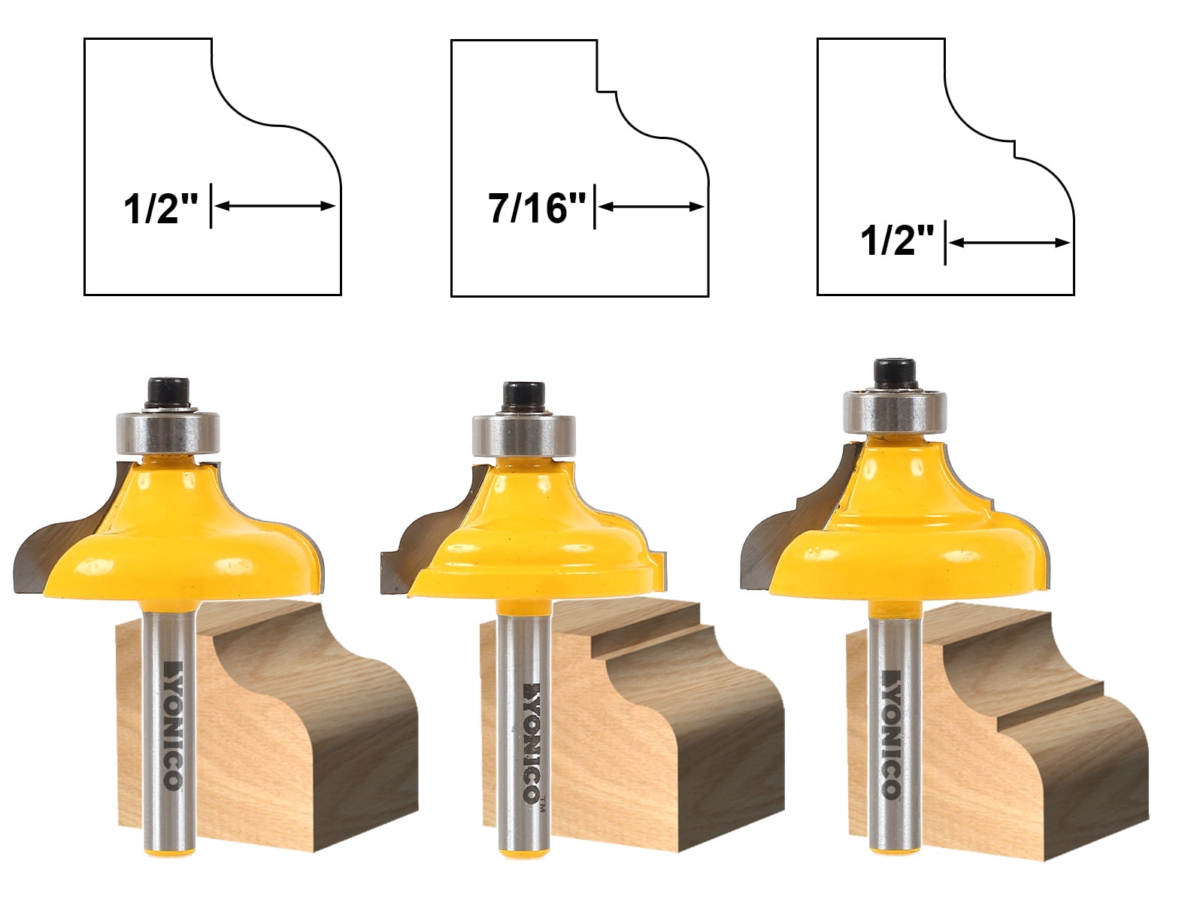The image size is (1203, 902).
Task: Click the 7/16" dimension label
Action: tap(537, 207)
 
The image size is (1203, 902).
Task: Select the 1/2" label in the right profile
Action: tap(897, 242)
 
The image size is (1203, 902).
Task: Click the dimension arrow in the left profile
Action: tap(275, 206)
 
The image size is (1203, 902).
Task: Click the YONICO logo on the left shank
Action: tap(172, 726)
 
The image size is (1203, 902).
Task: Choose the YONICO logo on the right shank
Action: tap(890, 733)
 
